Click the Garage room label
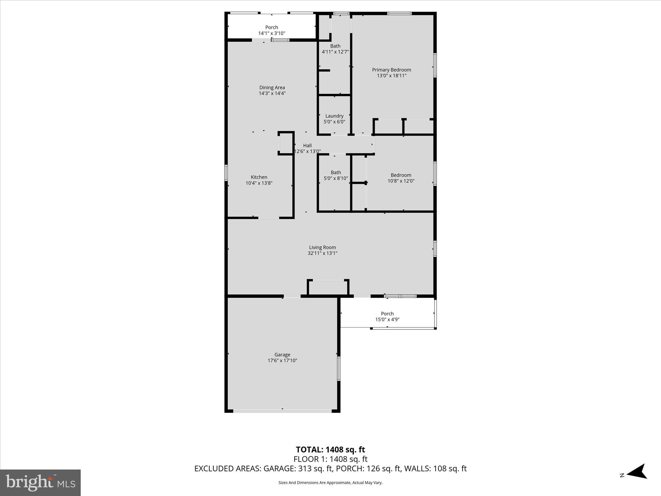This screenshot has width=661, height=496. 282,355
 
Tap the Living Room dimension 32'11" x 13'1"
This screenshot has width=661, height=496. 322,253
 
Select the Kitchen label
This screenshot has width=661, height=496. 259,177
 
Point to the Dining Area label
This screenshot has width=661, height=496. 272,88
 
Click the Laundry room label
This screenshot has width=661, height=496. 334,116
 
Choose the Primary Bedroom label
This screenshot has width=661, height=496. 392,70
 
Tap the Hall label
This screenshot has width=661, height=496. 307,145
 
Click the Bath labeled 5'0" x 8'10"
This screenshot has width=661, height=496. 336,172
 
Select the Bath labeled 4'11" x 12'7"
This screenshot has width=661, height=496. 335,46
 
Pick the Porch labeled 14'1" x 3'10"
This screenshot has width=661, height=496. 271,27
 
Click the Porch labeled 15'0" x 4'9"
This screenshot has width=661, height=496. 387,314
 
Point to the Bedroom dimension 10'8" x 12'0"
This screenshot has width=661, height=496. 401,181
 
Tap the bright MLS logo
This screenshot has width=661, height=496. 40,482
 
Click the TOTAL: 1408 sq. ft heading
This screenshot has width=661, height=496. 330,449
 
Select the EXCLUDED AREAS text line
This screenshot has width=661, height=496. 330,469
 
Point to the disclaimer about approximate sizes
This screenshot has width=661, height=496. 330,483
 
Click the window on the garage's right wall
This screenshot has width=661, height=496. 339,368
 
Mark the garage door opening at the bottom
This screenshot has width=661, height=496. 282,411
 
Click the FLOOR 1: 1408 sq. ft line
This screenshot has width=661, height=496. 330,459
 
